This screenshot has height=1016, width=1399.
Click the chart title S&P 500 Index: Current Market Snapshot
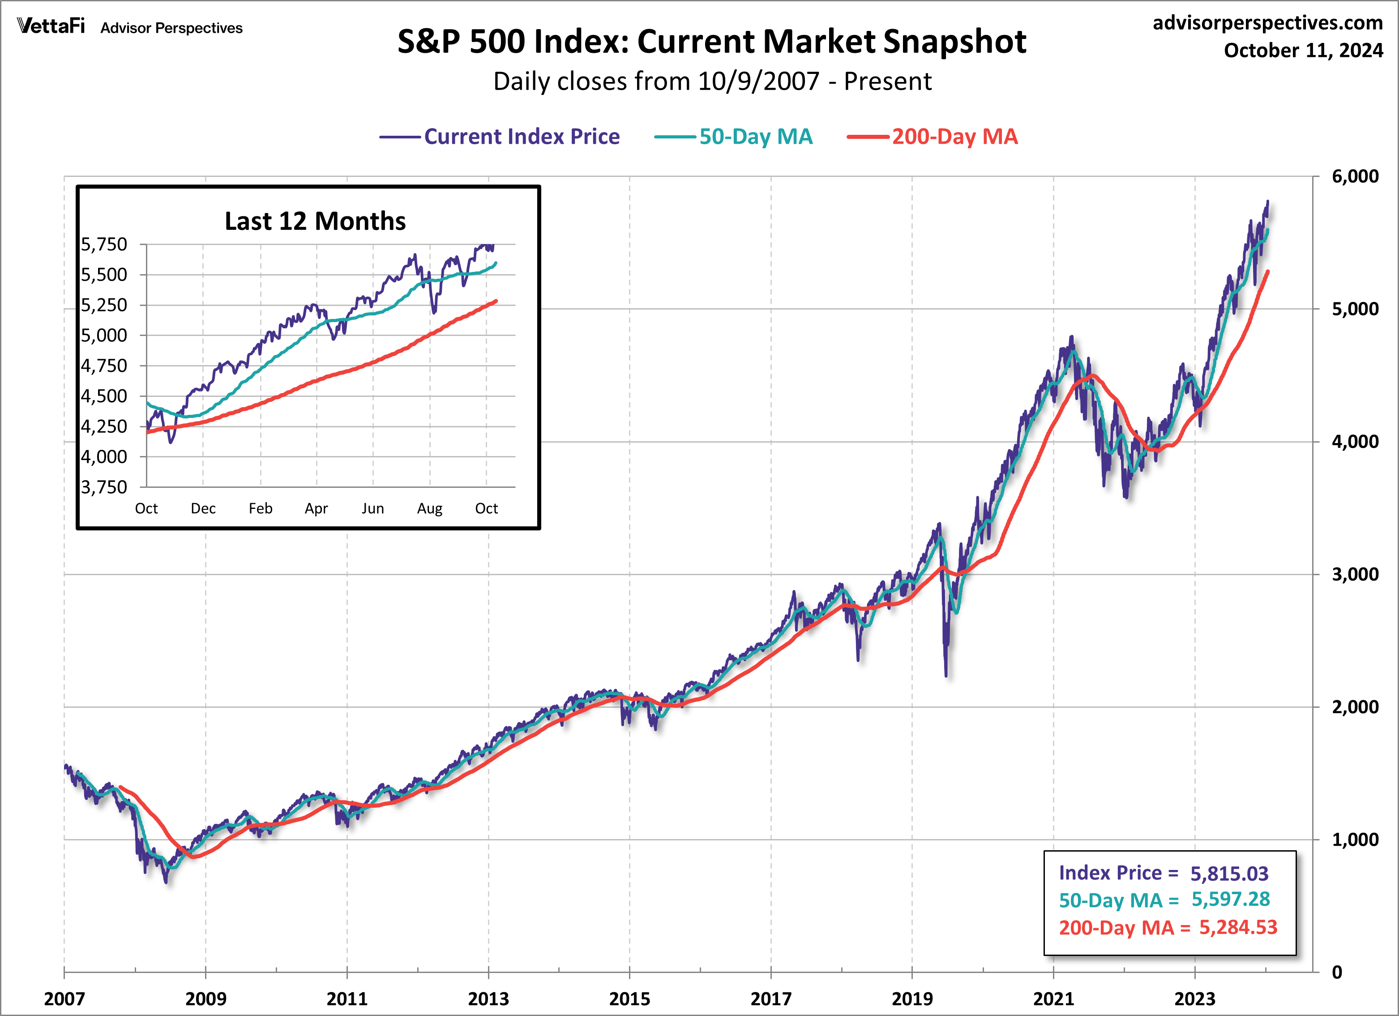pyautogui.click(x=711, y=42)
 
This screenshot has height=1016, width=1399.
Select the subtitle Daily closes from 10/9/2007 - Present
pyautogui.click(x=711, y=82)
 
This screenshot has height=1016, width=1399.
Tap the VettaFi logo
pyautogui.click(x=51, y=26)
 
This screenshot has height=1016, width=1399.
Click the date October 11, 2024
pyautogui.click(x=1303, y=50)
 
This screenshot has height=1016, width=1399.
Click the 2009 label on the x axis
pyautogui.click(x=205, y=998)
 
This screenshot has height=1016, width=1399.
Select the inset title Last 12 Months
pyautogui.click(x=315, y=221)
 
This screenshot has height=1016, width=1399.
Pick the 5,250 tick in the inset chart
pyautogui.click(x=104, y=305)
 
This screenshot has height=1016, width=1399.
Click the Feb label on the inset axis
pyautogui.click(x=260, y=508)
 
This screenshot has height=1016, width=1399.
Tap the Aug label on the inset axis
pyautogui.click(x=429, y=508)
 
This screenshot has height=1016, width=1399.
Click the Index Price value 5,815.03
pyautogui.click(x=1229, y=874)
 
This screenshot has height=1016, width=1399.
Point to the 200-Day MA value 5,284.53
pyautogui.click(x=1237, y=927)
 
